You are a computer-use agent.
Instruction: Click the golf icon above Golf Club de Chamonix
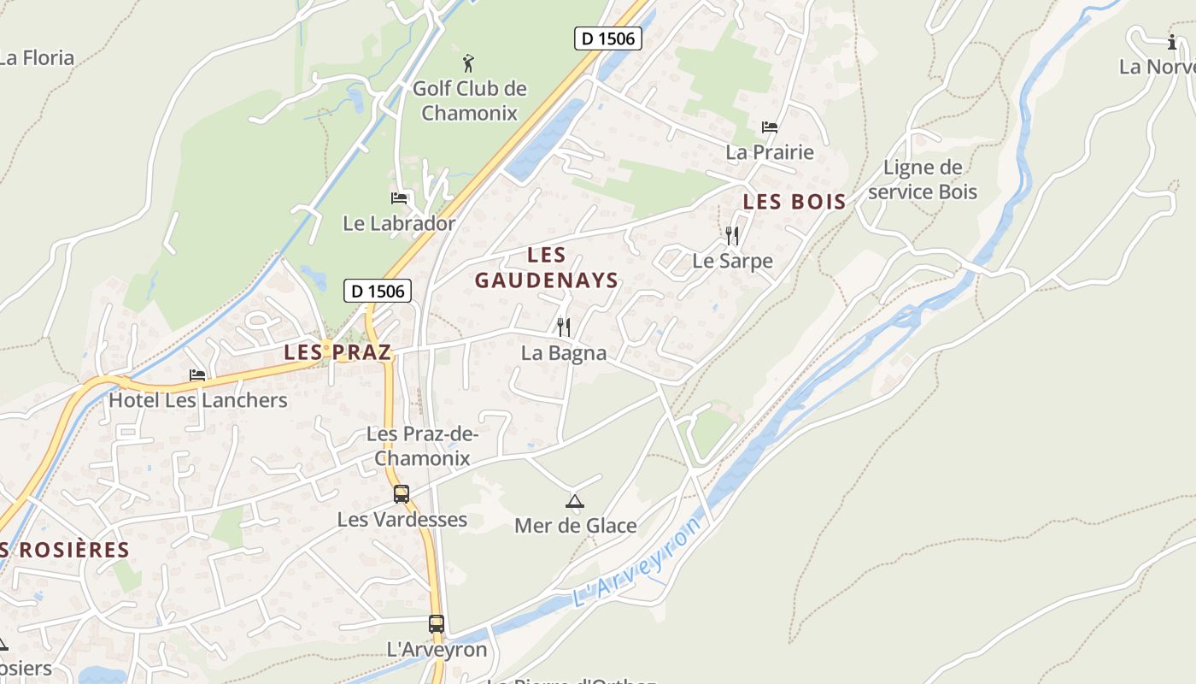467,62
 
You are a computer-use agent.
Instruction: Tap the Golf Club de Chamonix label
469,101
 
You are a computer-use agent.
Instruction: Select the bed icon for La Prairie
769,127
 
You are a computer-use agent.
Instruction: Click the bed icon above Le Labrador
399,198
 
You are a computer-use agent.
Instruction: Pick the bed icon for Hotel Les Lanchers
197,375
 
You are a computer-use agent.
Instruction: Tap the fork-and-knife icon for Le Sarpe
731,236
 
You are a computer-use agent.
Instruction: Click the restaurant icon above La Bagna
563,327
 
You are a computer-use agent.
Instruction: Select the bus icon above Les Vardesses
401,494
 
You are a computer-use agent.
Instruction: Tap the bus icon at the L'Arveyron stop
437,624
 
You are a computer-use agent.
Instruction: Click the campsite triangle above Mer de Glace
574,501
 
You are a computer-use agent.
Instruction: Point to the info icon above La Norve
1172,41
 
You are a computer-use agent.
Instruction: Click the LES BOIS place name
794,203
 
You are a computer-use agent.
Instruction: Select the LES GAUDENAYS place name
547,268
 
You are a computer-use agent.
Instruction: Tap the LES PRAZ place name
337,351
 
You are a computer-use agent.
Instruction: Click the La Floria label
37,58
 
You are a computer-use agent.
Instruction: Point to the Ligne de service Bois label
923,180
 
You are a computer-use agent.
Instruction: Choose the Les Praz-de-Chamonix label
422,446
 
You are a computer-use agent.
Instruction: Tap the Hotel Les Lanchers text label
197,400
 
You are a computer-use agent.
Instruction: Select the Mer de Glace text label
575,526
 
